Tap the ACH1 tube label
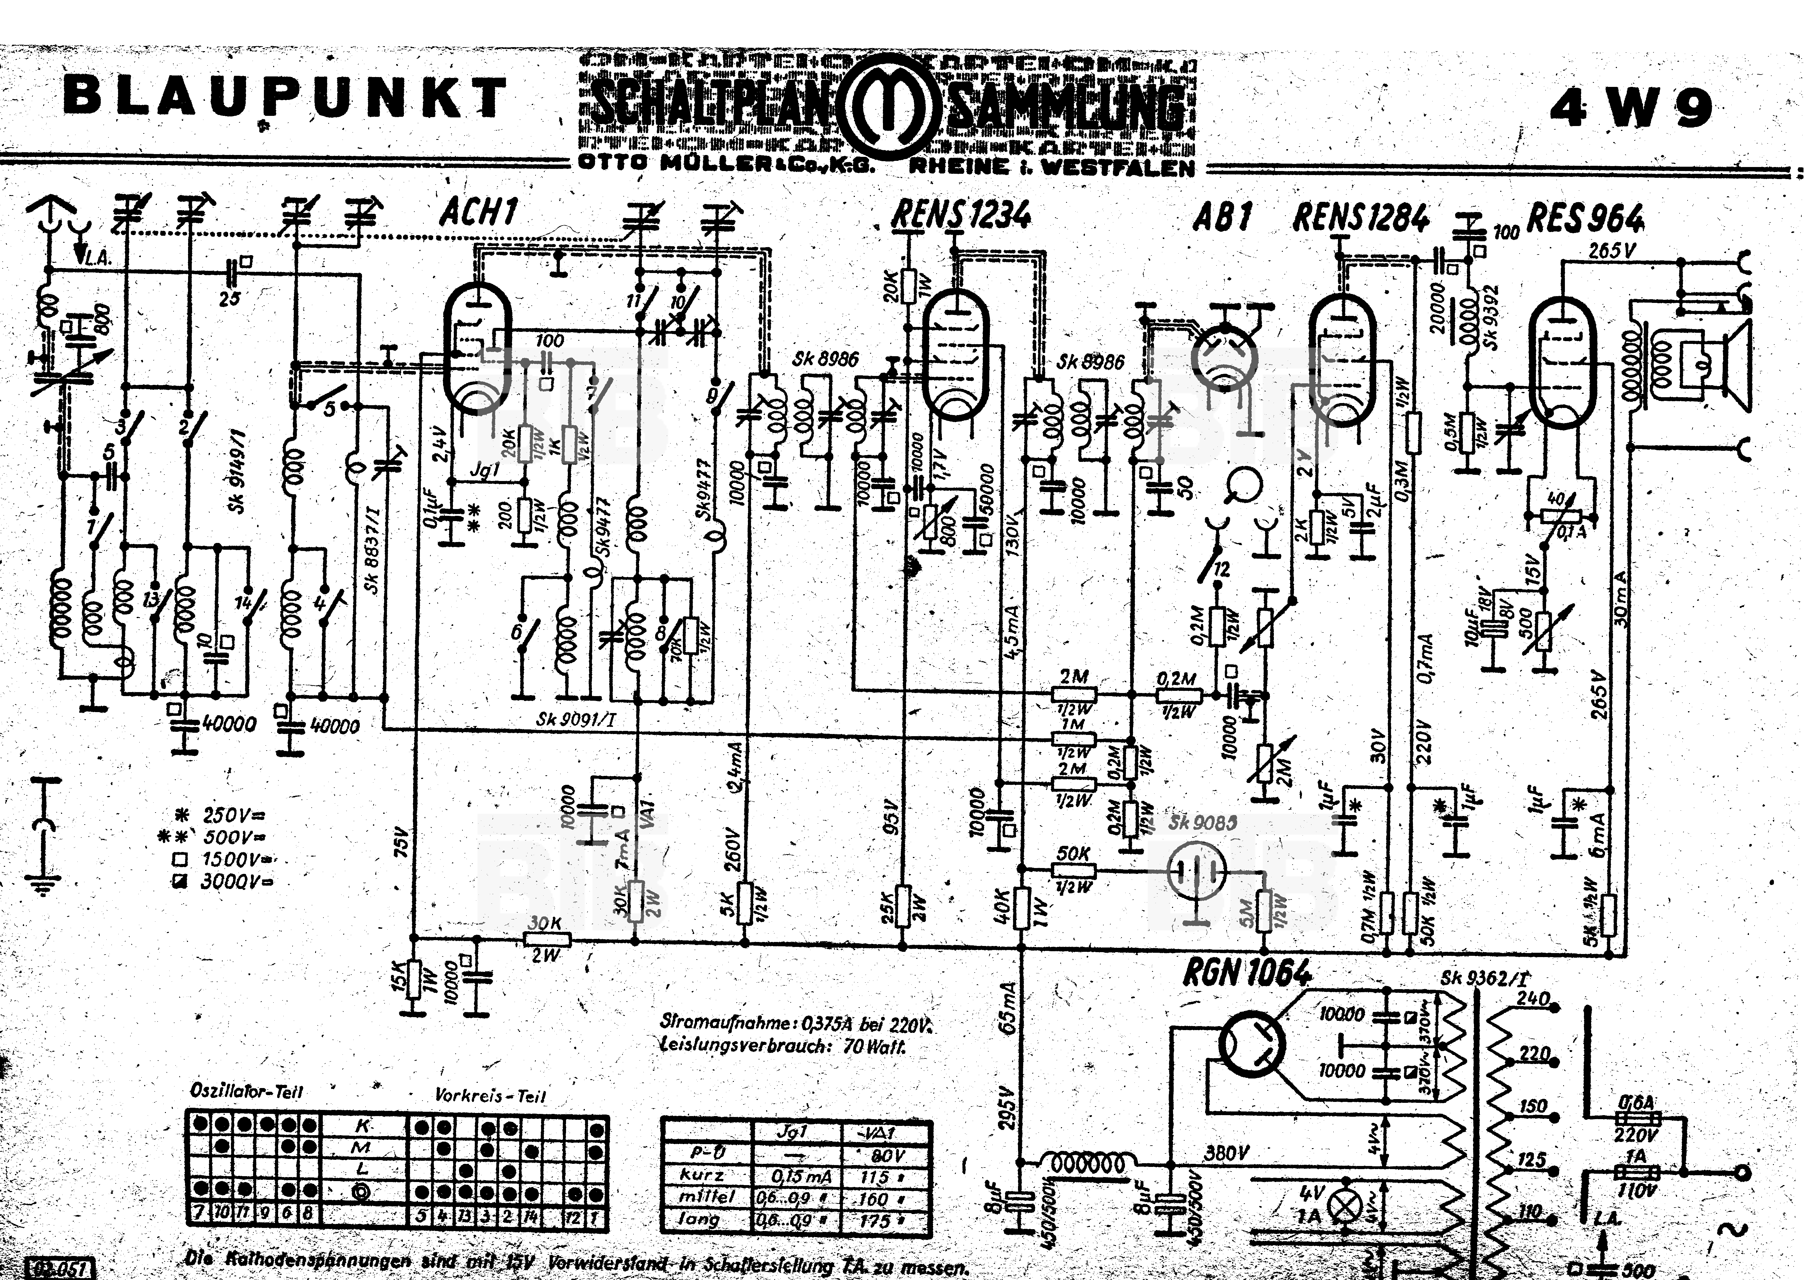[479, 212]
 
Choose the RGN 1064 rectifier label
[1247, 972]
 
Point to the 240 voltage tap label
[1532, 999]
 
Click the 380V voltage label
[1226, 1154]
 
